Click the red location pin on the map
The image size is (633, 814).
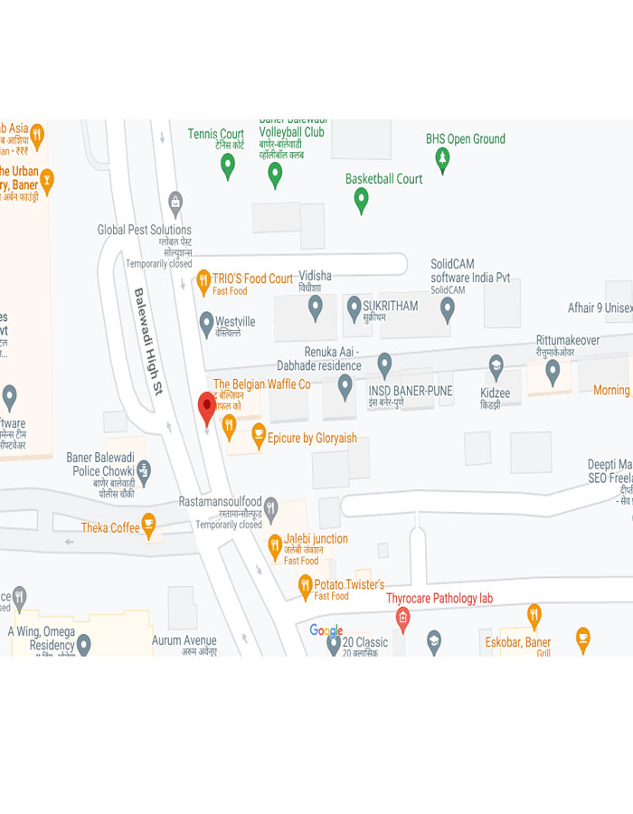[x=207, y=408]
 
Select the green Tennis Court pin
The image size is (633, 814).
[x=228, y=165]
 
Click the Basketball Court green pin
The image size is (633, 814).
[x=361, y=199]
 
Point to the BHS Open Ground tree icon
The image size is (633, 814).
[x=442, y=160]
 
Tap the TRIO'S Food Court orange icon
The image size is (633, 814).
[x=203, y=281]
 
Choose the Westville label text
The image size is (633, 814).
[x=235, y=321]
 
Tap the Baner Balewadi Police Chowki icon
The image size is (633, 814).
[x=143, y=470]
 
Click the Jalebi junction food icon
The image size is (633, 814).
[x=274, y=544]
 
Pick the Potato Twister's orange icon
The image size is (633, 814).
[x=305, y=587]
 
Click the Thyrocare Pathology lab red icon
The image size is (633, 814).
[x=402, y=618]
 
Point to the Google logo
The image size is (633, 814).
[x=326, y=630]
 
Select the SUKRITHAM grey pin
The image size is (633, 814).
[x=354, y=308]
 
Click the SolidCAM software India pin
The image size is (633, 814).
[x=447, y=308]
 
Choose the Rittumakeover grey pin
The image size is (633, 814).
[x=553, y=370]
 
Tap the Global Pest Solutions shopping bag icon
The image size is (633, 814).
[x=176, y=202]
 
